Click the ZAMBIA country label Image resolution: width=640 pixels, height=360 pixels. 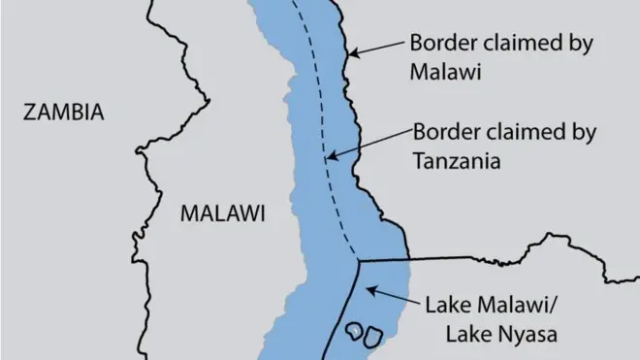click(x=63, y=113)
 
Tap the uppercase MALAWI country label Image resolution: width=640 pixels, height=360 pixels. click(x=222, y=214)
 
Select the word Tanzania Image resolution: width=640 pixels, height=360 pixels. click(x=457, y=161)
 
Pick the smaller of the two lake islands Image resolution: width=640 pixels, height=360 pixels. click(x=355, y=331)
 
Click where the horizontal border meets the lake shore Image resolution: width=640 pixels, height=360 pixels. click(x=402, y=259)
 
